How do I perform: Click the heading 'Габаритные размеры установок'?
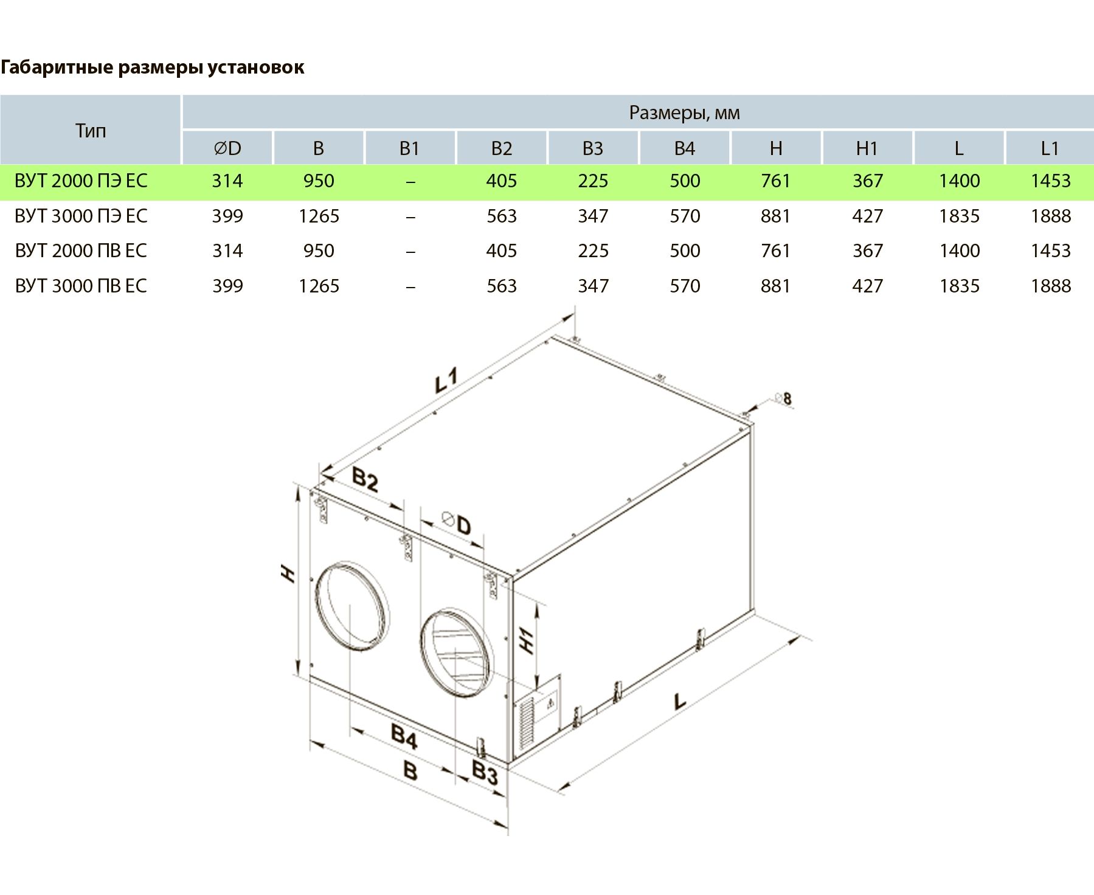(x=152, y=67)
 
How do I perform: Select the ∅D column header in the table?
(x=227, y=148)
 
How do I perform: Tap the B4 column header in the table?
(x=685, y=148)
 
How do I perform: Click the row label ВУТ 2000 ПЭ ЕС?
(x=81, y=181)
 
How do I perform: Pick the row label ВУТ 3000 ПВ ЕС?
(x=81, y=286)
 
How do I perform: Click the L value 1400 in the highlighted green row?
(x=959, y=181)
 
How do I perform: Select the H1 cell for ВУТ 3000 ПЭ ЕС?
(x=867, y=216)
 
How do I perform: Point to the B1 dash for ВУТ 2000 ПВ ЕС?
(x=410, y=251)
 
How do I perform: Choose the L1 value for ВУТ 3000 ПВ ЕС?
(x=1051, y=286)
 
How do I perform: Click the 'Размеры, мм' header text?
(x=684, y=112)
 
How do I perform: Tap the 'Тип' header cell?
(x=91, y=131)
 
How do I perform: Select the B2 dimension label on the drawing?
(x=365, y=480)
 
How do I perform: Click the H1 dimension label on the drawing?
(x=527, y=640)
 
